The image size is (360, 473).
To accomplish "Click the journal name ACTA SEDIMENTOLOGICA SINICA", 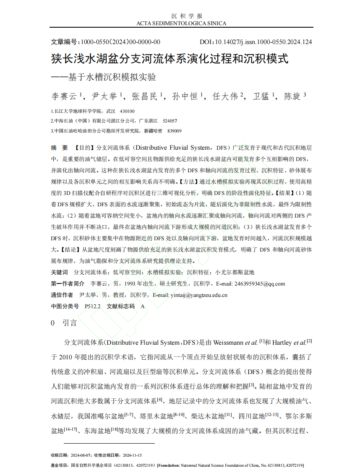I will (181, 23).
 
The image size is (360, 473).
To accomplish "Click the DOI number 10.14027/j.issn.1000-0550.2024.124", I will (263, 42).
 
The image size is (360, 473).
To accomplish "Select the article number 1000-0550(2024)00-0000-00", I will (120, 42).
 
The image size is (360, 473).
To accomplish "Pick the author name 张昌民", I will (145, 96).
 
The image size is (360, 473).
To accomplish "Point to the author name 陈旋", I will (292, 96).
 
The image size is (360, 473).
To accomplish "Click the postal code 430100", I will (127, 112).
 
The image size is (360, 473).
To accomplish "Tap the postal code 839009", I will (174, 131).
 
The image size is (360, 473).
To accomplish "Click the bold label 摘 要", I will (59, 148).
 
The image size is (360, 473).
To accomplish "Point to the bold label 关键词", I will (59, 272).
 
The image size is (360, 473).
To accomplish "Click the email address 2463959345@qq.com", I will (259, 283).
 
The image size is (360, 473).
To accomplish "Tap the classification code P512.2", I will (93, 306).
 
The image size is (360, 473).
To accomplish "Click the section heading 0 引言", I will (64, 323).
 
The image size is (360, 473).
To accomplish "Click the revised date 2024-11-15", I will (132, 455).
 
